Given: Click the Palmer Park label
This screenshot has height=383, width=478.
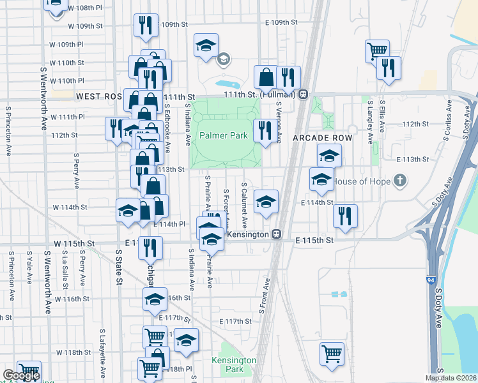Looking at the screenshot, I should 223,136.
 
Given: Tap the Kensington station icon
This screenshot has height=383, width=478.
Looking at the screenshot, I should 277,234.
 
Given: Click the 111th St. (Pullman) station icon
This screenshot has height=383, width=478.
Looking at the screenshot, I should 304,94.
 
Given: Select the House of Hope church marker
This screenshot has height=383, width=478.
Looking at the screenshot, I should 400,181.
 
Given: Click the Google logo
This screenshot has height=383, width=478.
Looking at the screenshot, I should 21,375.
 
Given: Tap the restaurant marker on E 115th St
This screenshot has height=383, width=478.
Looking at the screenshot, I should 151,247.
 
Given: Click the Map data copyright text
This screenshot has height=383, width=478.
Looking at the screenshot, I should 451,378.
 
